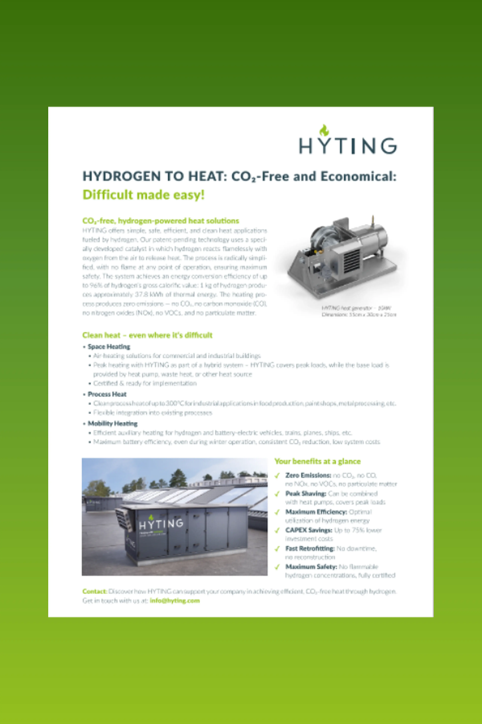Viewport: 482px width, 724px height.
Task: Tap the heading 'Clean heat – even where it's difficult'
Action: pyautogui.click(x=147, y=335)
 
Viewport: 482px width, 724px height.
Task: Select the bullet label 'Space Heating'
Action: pyautogui.click(x=109, y=347)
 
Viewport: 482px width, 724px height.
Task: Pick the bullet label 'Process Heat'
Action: pyautogui.click(x=107, y=394)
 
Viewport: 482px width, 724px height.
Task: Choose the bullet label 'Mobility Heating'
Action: pyautogui.click(x=112, y=424)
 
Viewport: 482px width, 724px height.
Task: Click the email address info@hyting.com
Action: pyautogui.click(x=175, y=601)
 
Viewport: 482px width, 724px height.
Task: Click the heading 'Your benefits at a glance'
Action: pyautogui.click(x=317, y=461)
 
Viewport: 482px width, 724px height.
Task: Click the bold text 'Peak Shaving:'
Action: pyautogui.click(x=306, y=494)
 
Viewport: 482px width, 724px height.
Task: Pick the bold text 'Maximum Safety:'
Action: pyautogui.click(x=311, y=567)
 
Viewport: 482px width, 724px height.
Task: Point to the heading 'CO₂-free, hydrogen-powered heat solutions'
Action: pyautogui.click(x=160, y=221)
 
